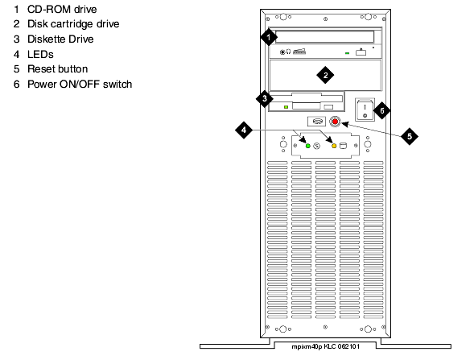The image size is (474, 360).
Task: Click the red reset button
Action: (335, 122)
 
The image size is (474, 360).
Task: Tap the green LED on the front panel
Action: (308, 146)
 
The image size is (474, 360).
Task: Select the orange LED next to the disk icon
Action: (334, 146)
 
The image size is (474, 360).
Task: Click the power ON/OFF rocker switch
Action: (365, 110)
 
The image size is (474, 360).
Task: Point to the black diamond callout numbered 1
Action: (269, 37)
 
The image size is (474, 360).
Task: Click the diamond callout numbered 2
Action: (325, 76)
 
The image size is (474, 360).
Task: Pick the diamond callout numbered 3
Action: (265, 98)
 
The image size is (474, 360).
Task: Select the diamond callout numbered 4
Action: (244, 130)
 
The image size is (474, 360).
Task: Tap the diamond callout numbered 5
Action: (410, 136)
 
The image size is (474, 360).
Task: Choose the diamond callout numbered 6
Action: (381, 110)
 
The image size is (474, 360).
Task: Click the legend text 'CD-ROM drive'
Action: (62, 10)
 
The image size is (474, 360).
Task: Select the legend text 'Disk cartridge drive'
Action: (73, 24)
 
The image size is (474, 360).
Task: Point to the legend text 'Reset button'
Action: (57, 69)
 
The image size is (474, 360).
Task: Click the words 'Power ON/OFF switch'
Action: (80, 84)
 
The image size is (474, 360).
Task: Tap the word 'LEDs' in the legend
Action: (40, 55)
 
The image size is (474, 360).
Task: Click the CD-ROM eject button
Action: (361, 52)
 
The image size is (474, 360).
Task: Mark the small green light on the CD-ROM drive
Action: (348, 53)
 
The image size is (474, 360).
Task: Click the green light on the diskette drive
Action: (286, 107)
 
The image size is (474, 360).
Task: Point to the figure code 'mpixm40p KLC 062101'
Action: (326, 346)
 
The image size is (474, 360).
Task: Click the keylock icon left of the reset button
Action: (316, 122)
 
